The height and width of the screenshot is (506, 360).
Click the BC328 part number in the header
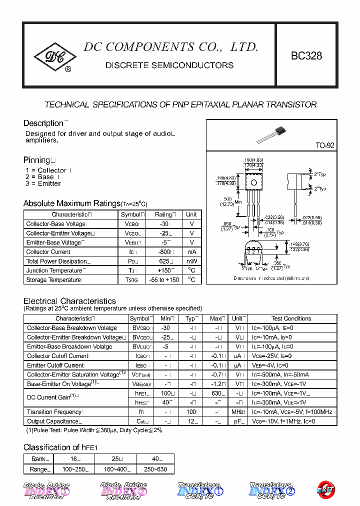306,56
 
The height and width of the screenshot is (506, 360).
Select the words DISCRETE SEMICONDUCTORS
169,65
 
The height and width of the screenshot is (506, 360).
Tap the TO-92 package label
324,145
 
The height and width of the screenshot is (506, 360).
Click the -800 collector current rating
163,252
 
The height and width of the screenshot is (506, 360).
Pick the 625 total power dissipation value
163,261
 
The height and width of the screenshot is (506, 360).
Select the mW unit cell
191,261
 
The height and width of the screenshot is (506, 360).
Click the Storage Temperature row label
53,280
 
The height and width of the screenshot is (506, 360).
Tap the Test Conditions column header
291,318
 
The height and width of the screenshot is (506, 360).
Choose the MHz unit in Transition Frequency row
237,412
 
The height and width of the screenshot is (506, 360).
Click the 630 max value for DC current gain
216,393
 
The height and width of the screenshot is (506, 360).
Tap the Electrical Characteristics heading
69,301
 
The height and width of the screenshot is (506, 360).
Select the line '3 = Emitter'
43,183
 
